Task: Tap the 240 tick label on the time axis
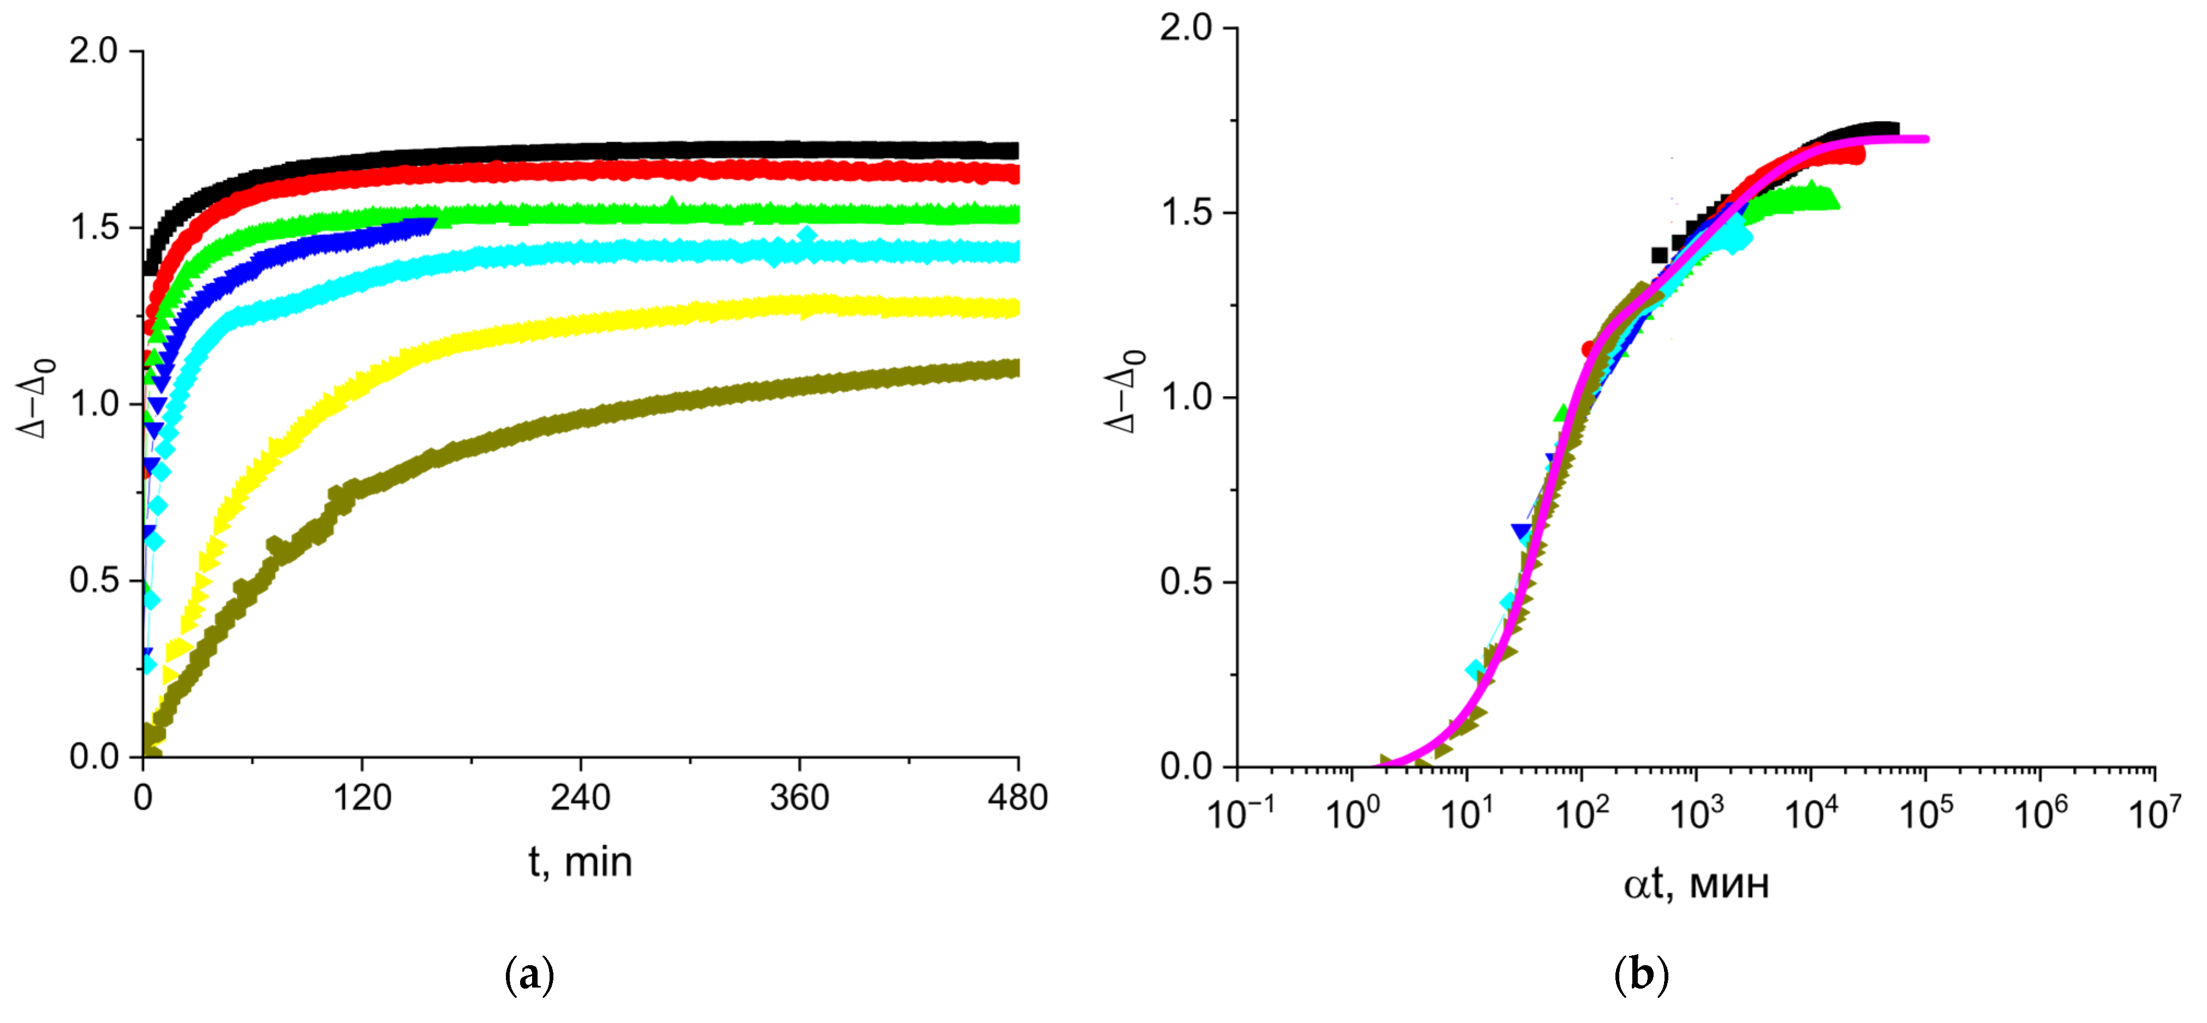click(580, 798)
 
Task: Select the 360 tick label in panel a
click(798, 798)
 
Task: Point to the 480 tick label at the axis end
click(1017, 798)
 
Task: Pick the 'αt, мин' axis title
click(1696, 883)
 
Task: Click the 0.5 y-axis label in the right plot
click(1186, 582)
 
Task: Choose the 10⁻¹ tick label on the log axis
click(1240, 813)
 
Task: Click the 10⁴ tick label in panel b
click(1810, 813)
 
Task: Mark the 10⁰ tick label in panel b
click(1352, 813)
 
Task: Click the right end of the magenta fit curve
click(1925, 139)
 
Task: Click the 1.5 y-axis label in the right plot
click(1186, 212)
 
